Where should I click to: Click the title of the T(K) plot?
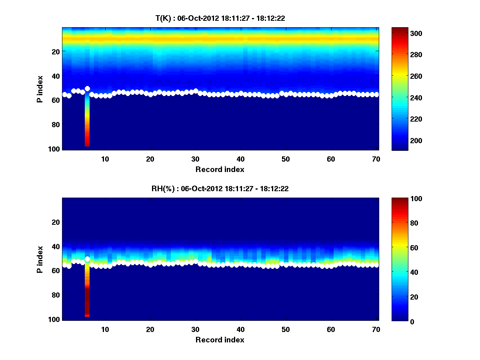[220, 18]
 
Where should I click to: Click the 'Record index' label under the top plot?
[220, 169]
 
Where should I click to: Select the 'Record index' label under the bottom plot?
[220, 340]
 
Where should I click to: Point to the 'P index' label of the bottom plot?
[40, 260]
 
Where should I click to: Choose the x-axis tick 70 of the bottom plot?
[376, 329]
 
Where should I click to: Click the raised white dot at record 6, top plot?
[87, 88]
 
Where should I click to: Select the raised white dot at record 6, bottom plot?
[87, 259]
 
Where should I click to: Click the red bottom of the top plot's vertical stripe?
[87, 143]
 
